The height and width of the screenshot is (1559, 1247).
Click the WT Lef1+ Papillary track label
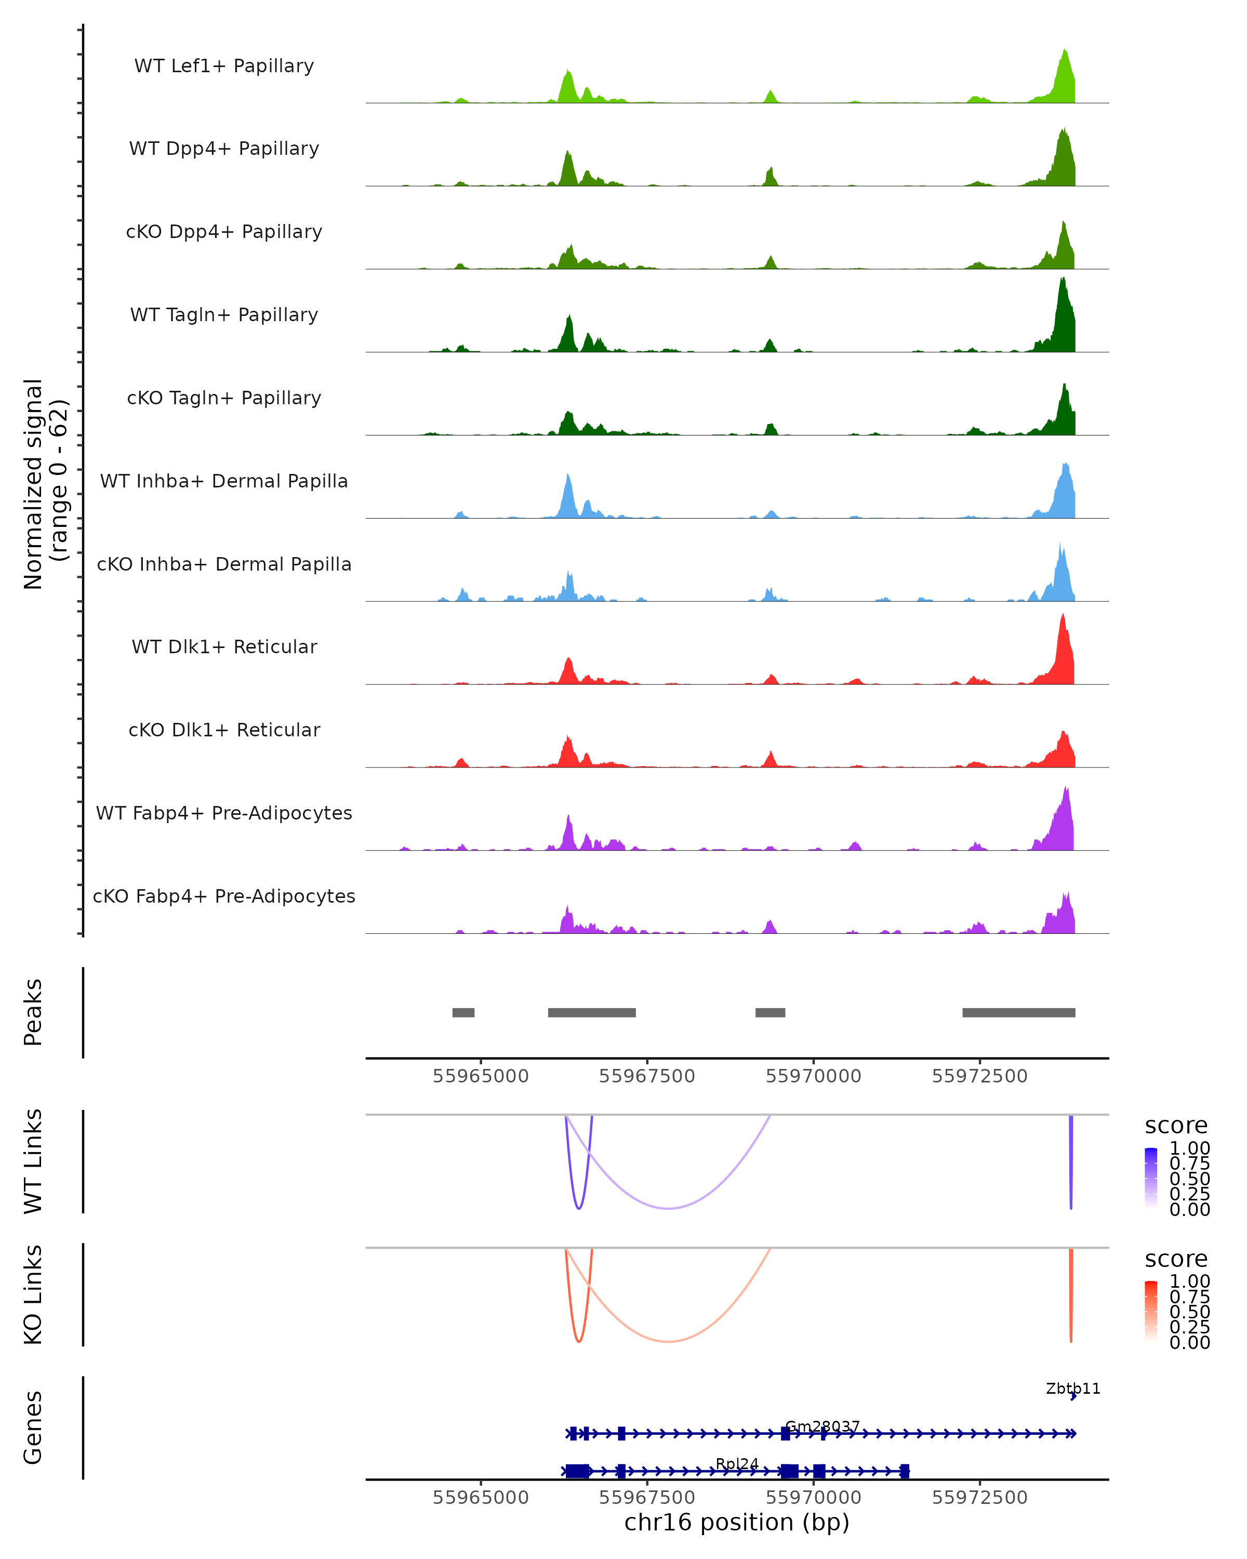click(x=224, y=66)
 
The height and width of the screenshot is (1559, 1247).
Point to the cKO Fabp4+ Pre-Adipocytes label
click(x=224, y=896)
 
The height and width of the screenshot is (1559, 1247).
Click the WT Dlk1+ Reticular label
click(x=224, y=646)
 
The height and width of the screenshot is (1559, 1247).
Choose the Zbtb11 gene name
click(x=1073, y=1389)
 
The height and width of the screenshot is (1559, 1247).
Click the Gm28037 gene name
click(x=823, y=1426)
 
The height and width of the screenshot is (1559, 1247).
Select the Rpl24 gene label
click(x=737, y=1463)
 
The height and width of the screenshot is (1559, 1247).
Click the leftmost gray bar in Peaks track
click(x=463, y=1012)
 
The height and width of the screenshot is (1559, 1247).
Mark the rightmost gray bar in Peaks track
click(x=1018, y=1012)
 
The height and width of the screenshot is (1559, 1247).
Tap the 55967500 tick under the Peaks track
click(x=647, y=1076)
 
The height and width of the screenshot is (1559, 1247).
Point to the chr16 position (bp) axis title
click(x=737, y=1523)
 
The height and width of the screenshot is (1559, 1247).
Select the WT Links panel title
click(x=33, y=1161)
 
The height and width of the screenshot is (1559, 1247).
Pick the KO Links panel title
click(x=33, y=1294)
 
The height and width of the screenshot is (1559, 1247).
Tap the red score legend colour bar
click(x=1151, y=1311)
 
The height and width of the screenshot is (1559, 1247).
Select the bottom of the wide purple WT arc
click(x=669, y=1208)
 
